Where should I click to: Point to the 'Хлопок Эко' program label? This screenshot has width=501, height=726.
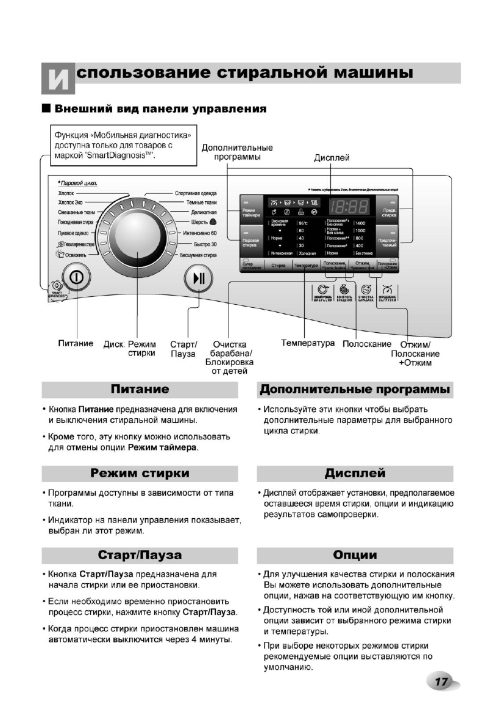click(x=71, y=202)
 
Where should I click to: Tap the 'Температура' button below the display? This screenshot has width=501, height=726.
click(x=307, y=266)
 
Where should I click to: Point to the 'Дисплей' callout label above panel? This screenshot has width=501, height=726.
click(x=332, y=158)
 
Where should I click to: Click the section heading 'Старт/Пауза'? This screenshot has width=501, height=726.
click(x=140, y=555)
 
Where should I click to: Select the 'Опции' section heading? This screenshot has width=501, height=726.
click(x=355, y=555)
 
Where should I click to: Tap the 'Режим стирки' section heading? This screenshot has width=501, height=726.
click(x=140, y=474)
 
